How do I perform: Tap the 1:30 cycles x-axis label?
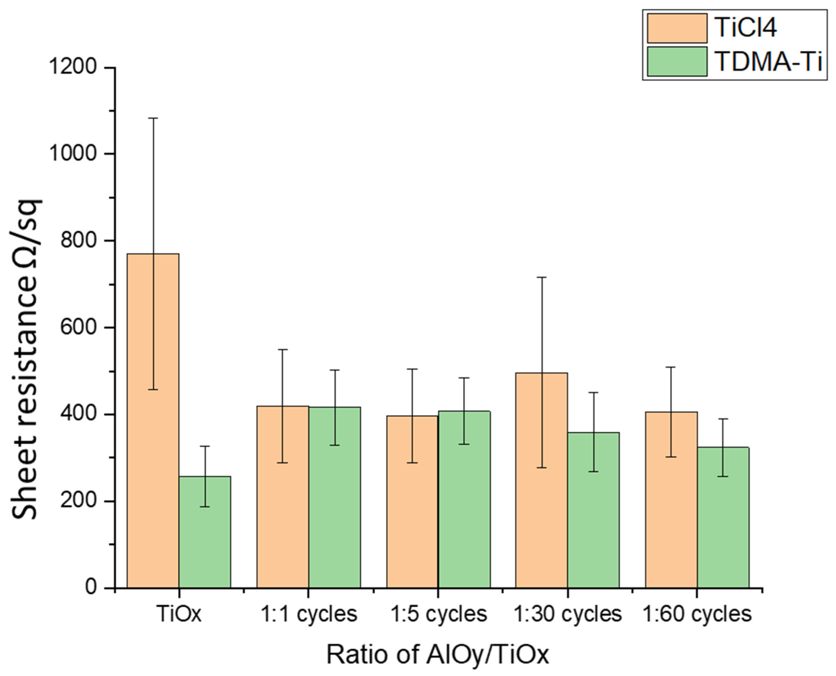pos(567,614)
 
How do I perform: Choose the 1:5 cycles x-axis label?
pos(438,614)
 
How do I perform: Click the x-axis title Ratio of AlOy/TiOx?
pos(438,654)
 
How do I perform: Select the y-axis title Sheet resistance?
pos(25,358)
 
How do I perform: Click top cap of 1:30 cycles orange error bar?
pos(542,277)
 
